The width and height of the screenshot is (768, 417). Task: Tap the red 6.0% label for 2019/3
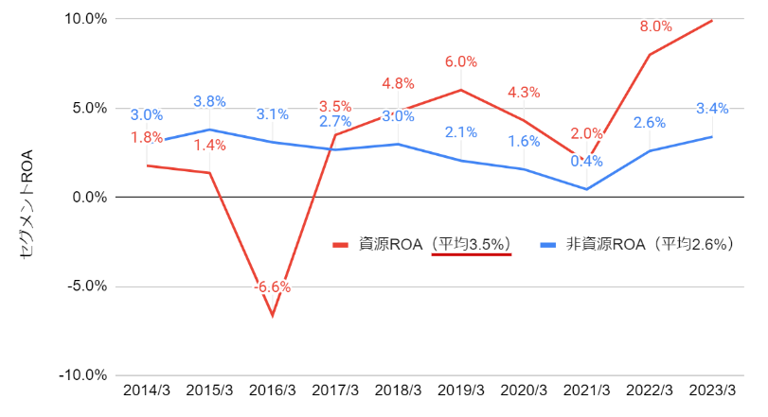click(x=460, y=61)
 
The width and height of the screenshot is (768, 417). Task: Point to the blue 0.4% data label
click(x=587, y=162)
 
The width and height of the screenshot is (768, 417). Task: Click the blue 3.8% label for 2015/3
click(x=209, y=101)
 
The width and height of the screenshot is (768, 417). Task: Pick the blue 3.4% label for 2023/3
click(x=712, y=109)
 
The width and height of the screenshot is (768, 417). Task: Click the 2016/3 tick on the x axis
click(x=273, y=391)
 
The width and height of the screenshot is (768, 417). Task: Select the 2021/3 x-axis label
click(x=587, y=391)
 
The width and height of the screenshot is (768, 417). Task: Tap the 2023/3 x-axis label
click(x=713, y=391)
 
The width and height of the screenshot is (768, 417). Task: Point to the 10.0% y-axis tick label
click(x=85, y=19)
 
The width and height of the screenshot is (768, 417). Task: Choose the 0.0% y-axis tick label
click(x=89, y=197)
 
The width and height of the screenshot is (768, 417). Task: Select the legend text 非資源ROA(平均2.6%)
click(x=652, y=244)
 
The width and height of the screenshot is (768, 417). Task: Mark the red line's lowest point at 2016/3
click(x=273, y=315)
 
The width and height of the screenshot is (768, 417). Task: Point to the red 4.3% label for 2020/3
click(x=524, y=93)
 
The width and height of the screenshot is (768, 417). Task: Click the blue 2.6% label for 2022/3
click(x=650, y=123)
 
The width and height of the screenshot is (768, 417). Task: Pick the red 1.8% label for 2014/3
click(x=147, y=138)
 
